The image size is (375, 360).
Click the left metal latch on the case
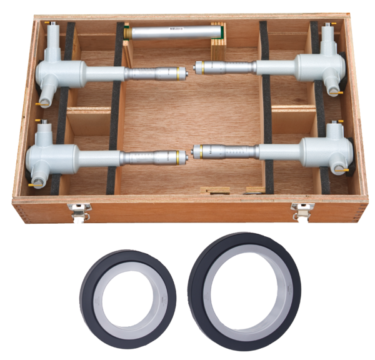(79, 212)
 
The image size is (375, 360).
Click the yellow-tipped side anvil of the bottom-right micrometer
(342, 169)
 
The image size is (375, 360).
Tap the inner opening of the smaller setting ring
(128, 296)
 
